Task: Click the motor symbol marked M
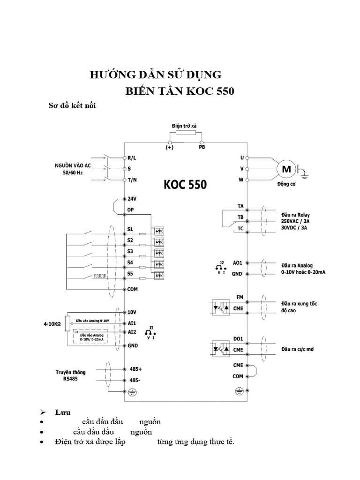[x=285, y=168]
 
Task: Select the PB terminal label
[x=202, y=147]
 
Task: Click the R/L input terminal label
[x=132, y=158]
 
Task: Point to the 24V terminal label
[x=132, y=199]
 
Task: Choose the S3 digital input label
[x=130, y=252]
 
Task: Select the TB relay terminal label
[x=240, y=217]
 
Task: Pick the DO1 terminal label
[x=239, y=339]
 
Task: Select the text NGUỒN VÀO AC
[x=71, y=165]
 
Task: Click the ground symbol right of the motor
[x=304, y=174]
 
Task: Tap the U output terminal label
[x=241, y=158]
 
